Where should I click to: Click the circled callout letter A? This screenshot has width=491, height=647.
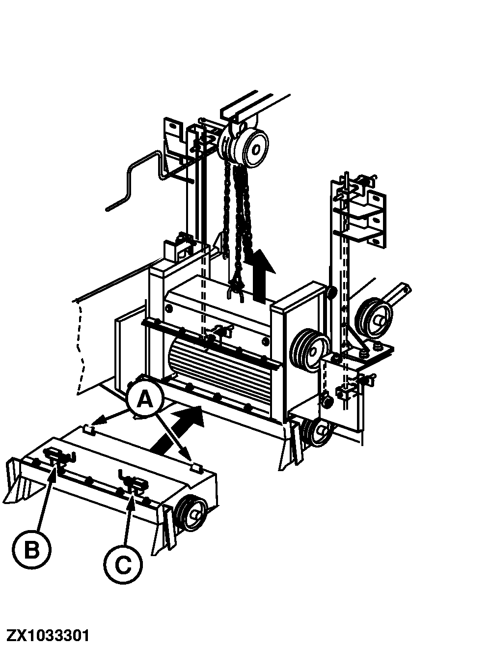(x=144, y=399)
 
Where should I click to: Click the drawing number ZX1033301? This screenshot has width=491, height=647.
(x=48, y=635)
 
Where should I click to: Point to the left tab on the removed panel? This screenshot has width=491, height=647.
(x=88, y=430)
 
